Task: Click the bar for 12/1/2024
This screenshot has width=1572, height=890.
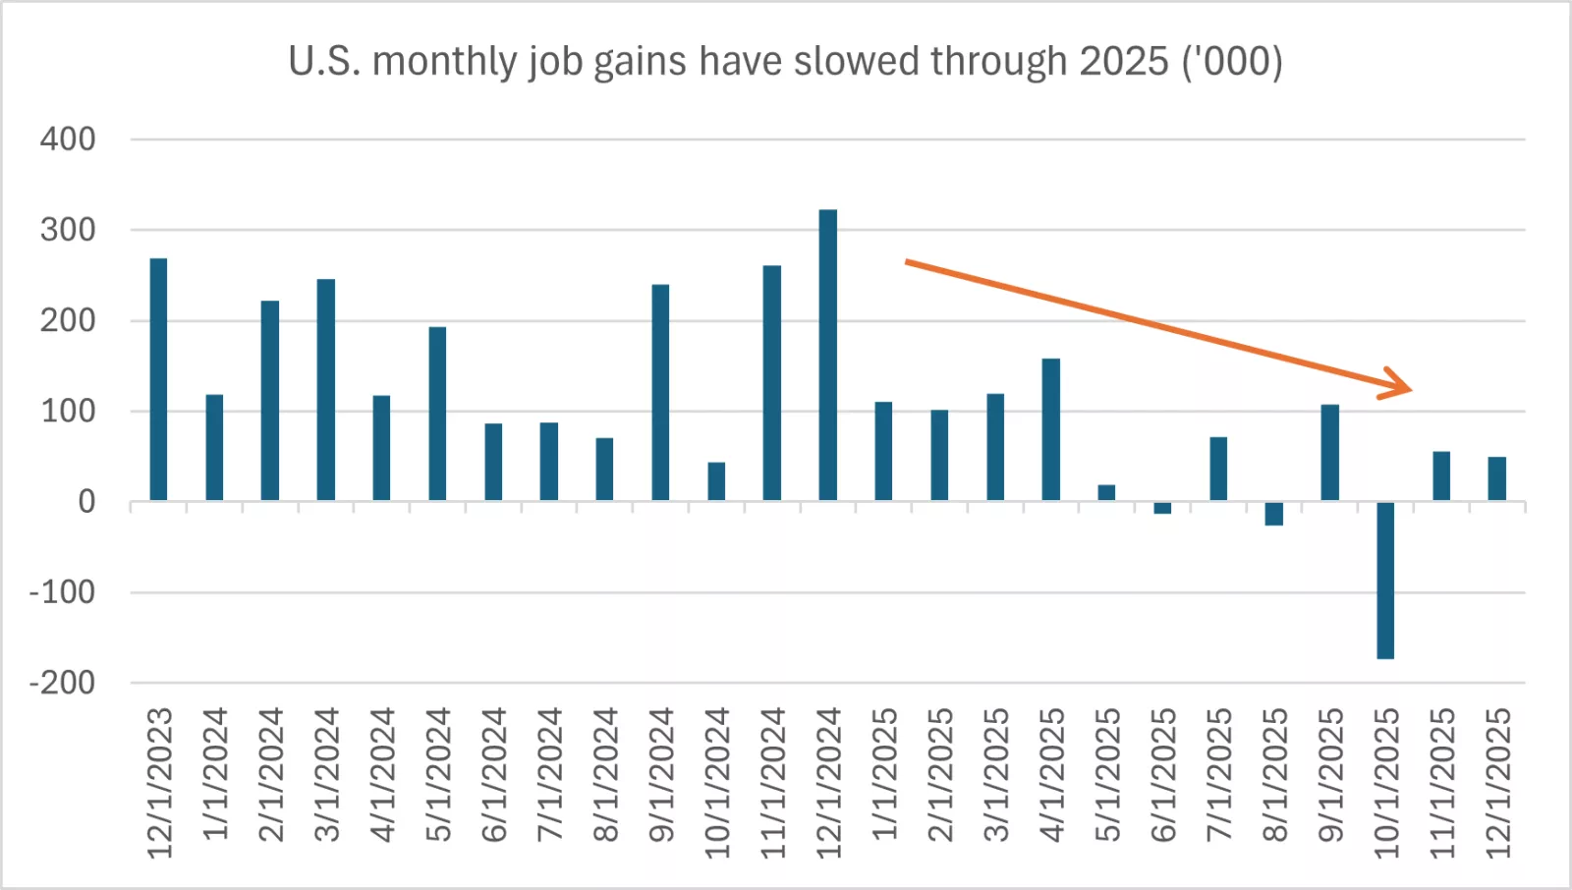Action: [x=827, y=356]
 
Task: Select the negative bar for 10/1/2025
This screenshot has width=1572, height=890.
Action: [x=1385, y=580]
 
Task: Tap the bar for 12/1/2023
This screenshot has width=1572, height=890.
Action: [x=158, y=380]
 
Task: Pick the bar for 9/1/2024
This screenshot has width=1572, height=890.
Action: [x=660, y=393]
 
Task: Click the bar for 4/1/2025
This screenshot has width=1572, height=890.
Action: [x=1050, y=430]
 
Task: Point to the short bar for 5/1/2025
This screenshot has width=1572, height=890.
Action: [x=1106, y=493]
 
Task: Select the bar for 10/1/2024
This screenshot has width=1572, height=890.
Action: [x=716, y=482]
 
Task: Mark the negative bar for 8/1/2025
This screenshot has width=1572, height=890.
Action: [x=1273, y=514]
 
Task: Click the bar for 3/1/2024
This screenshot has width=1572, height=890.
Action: [x=325, y=390]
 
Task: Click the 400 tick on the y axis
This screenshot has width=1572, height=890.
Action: [x=68, y=139]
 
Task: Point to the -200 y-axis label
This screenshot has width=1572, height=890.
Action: [x=62, y=683]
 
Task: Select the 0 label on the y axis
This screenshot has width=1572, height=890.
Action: [x=86, y=502]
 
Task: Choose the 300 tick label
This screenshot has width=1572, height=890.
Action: [x=68, y=230]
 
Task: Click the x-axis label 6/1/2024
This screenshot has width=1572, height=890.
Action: [x=493, y=775]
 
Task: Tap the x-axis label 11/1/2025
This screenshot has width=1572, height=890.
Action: [x=1441, y=783]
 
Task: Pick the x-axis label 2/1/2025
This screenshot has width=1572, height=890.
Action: [x=939, y=775]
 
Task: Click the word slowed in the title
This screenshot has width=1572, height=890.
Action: [x=858, y=61]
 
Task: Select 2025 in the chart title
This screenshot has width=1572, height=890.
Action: [x=1123, y=61]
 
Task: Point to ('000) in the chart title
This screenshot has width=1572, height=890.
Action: [x=1232, y=61]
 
